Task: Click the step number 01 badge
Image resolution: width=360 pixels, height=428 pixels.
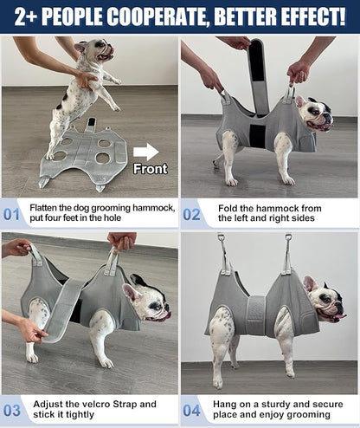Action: (x=12, y=213)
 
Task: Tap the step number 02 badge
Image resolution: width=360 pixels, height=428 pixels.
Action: (x=192, y=213)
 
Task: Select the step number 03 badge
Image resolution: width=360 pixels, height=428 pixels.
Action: (x=12, y=409)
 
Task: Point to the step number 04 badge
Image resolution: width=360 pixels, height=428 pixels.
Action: (x=192, y=409)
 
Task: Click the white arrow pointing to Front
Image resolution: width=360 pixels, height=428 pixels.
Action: (x=145, y=152)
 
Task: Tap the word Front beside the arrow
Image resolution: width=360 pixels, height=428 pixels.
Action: (x=150, y=169)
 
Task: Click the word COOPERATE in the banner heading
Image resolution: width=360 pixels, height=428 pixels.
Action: (x=148, y=16)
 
